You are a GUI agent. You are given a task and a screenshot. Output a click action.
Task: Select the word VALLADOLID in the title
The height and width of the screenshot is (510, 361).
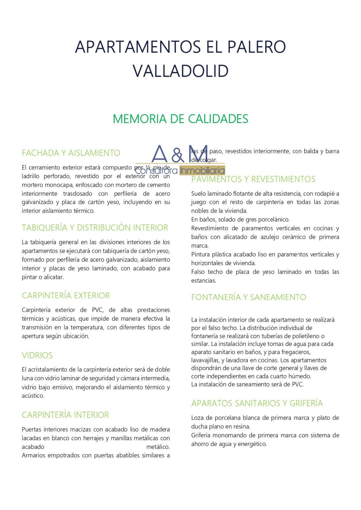pyautogui.click(x=180, y=71)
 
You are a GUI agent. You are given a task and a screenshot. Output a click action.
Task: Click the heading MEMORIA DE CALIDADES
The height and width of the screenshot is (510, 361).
pyautogui.click(x=180, y=119)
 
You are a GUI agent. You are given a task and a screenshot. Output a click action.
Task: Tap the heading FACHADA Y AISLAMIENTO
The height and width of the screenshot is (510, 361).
pyautogui.click(x=71, y=153)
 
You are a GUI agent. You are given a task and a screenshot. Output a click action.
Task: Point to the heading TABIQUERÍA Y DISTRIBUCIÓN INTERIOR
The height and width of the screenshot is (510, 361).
pyautogui.click(x=95, y=228)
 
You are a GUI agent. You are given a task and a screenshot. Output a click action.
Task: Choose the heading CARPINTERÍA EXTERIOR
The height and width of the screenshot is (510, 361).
pyautogui.click(x=66, y=295)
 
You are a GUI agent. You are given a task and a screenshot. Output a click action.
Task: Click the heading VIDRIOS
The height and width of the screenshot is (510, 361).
pyautogui.click(x=37, y=355)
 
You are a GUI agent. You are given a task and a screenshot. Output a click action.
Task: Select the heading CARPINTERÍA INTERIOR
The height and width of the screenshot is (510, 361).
pyautogui.click(x=65, y=415)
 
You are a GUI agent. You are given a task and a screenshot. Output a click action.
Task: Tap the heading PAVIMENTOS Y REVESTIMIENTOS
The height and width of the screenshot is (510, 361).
pyautogui.click(x=253, y=179)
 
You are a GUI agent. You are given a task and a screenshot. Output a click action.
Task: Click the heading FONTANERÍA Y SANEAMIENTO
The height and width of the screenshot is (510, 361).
pyautogui.click(x=248, y=297)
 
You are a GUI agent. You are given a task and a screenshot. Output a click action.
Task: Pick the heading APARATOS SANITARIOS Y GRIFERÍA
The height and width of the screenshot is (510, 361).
pyautogui.click(x=257, y=403)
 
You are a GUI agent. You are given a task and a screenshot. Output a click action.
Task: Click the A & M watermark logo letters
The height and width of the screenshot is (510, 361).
pyautogui.click(x=180, y=154)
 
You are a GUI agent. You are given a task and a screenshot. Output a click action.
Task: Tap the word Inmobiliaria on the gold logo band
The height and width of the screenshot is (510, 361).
pyautogui.click(x=202, y=171)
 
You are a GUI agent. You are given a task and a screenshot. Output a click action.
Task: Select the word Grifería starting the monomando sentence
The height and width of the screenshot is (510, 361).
pyautogui.click(x=201, y=435)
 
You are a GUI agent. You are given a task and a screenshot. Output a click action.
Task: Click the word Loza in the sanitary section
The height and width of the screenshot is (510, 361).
pyautogui.click(x=197, y=418)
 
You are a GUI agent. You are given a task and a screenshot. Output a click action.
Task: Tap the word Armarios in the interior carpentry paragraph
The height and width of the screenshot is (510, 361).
pyautogui.click(x=33, y=455)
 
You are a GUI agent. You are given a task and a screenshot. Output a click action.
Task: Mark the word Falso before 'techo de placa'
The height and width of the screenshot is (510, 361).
pyautogui.click(x=198, y=272)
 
